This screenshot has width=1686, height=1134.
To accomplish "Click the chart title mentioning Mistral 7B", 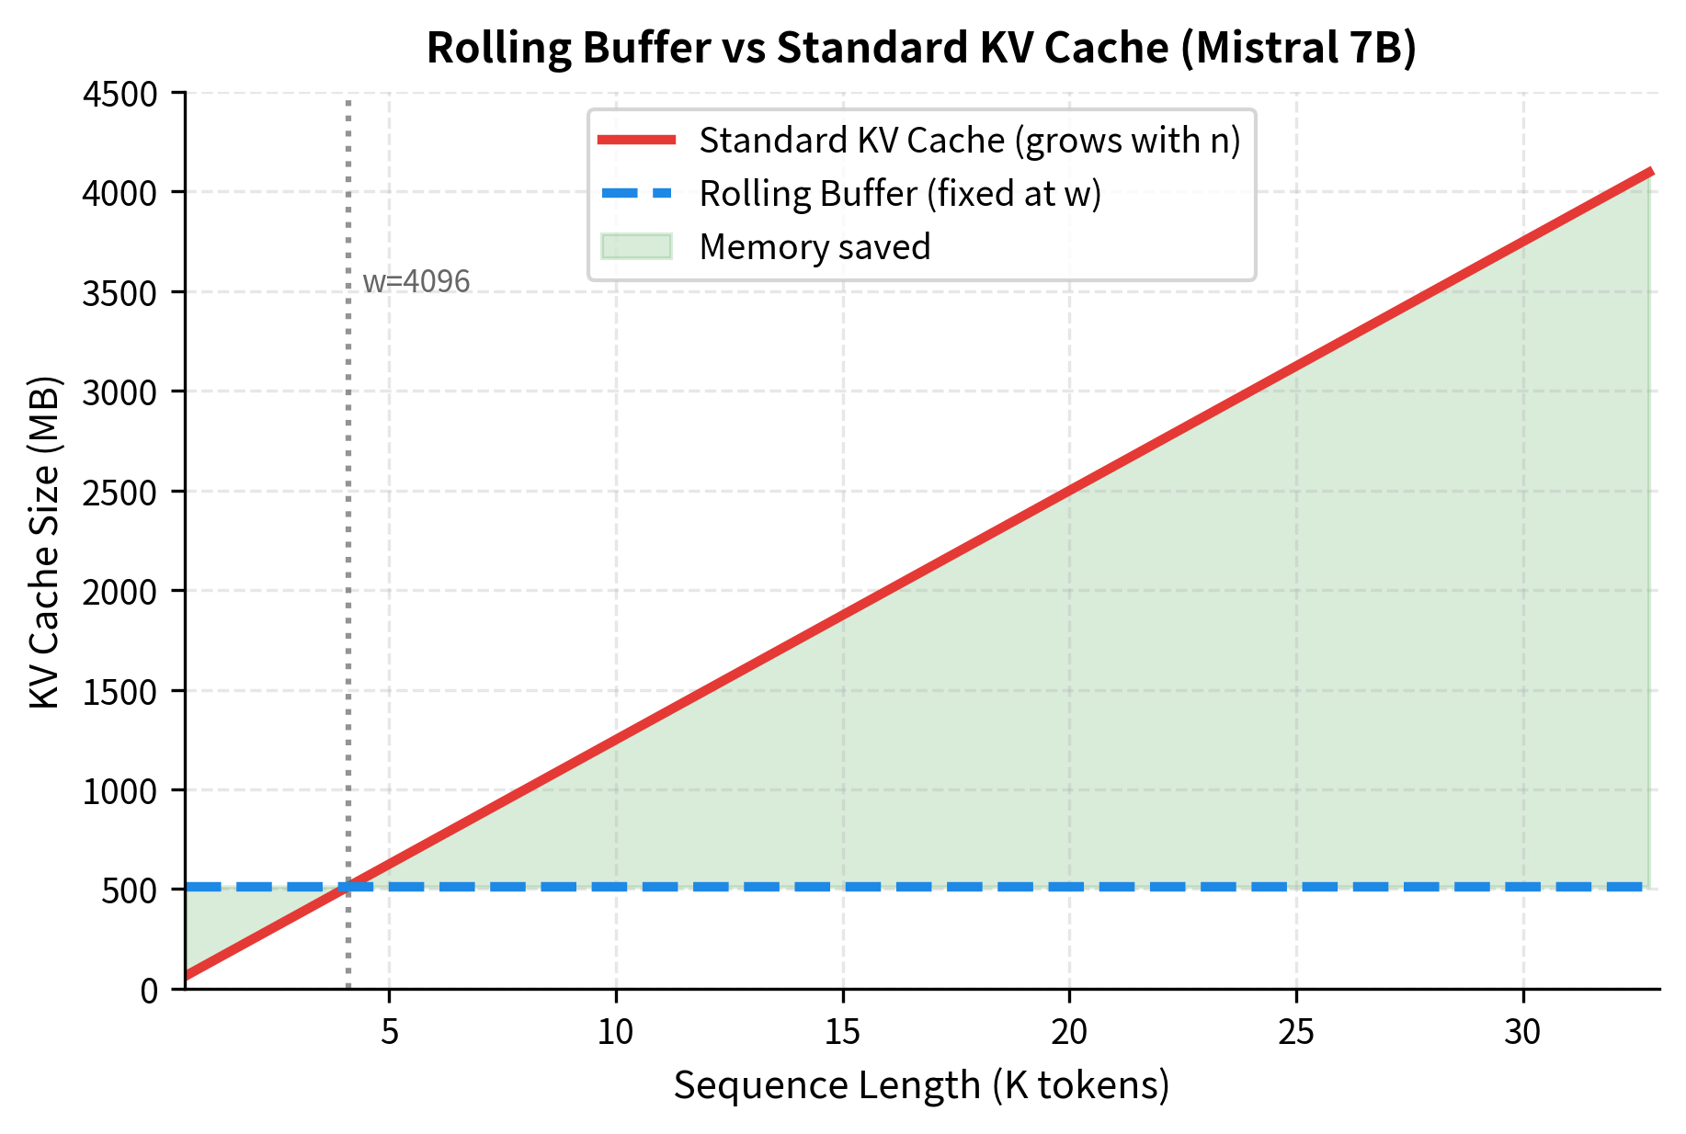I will point(921,48).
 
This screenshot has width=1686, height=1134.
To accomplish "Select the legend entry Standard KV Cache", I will point(969,141).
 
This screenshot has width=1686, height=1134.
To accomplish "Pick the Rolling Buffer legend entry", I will point(899,194).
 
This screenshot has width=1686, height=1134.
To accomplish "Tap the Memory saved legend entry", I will point(815,247).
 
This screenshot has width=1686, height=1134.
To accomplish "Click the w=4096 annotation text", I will point(416,281).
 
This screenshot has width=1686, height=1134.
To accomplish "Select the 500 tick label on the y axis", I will point(130,890).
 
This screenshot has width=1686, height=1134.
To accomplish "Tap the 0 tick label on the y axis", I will point(149,991).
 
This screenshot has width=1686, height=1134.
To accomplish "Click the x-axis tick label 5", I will point(390,1033).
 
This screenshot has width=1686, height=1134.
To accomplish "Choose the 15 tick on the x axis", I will point(842,1033).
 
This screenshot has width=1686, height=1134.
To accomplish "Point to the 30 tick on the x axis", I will point(1522,1033).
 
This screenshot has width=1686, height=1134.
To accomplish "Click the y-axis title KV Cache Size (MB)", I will point(44,542).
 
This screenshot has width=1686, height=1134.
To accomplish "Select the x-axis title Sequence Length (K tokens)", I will point(921,1085).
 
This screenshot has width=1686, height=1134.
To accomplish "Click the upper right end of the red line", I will point(1651,172).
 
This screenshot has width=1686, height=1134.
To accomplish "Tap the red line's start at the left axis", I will point(188,975).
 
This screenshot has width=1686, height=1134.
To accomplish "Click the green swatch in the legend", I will point(636,247).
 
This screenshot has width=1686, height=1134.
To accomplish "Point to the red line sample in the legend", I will point(636,141).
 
